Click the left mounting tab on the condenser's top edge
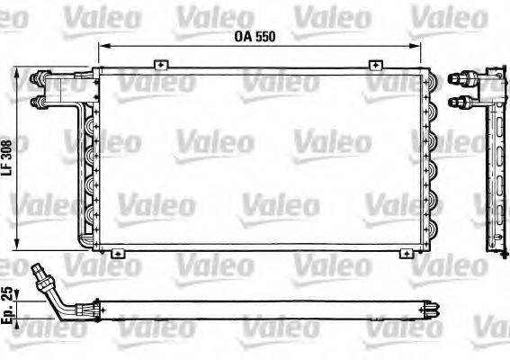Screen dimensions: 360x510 [x=159, y=64]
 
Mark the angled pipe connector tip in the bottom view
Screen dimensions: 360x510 [x=36, y=268]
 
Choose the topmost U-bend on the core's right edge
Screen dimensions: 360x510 [x=431, y=86]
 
